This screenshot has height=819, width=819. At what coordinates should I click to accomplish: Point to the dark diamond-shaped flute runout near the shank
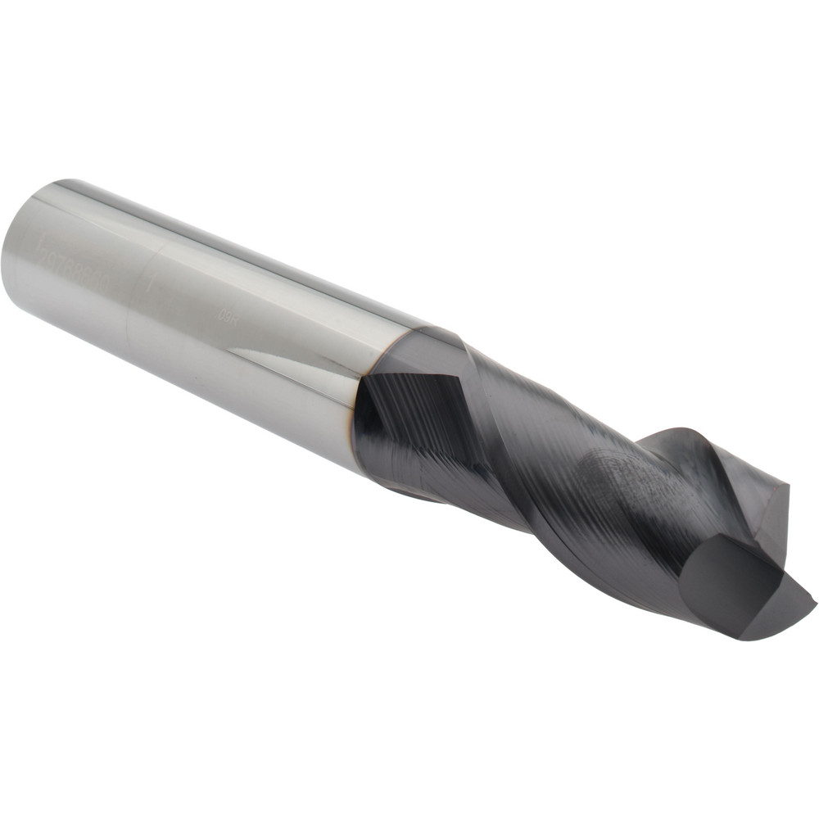coord(409,409)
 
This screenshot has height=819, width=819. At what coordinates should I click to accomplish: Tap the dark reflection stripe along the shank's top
coord(246,246)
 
